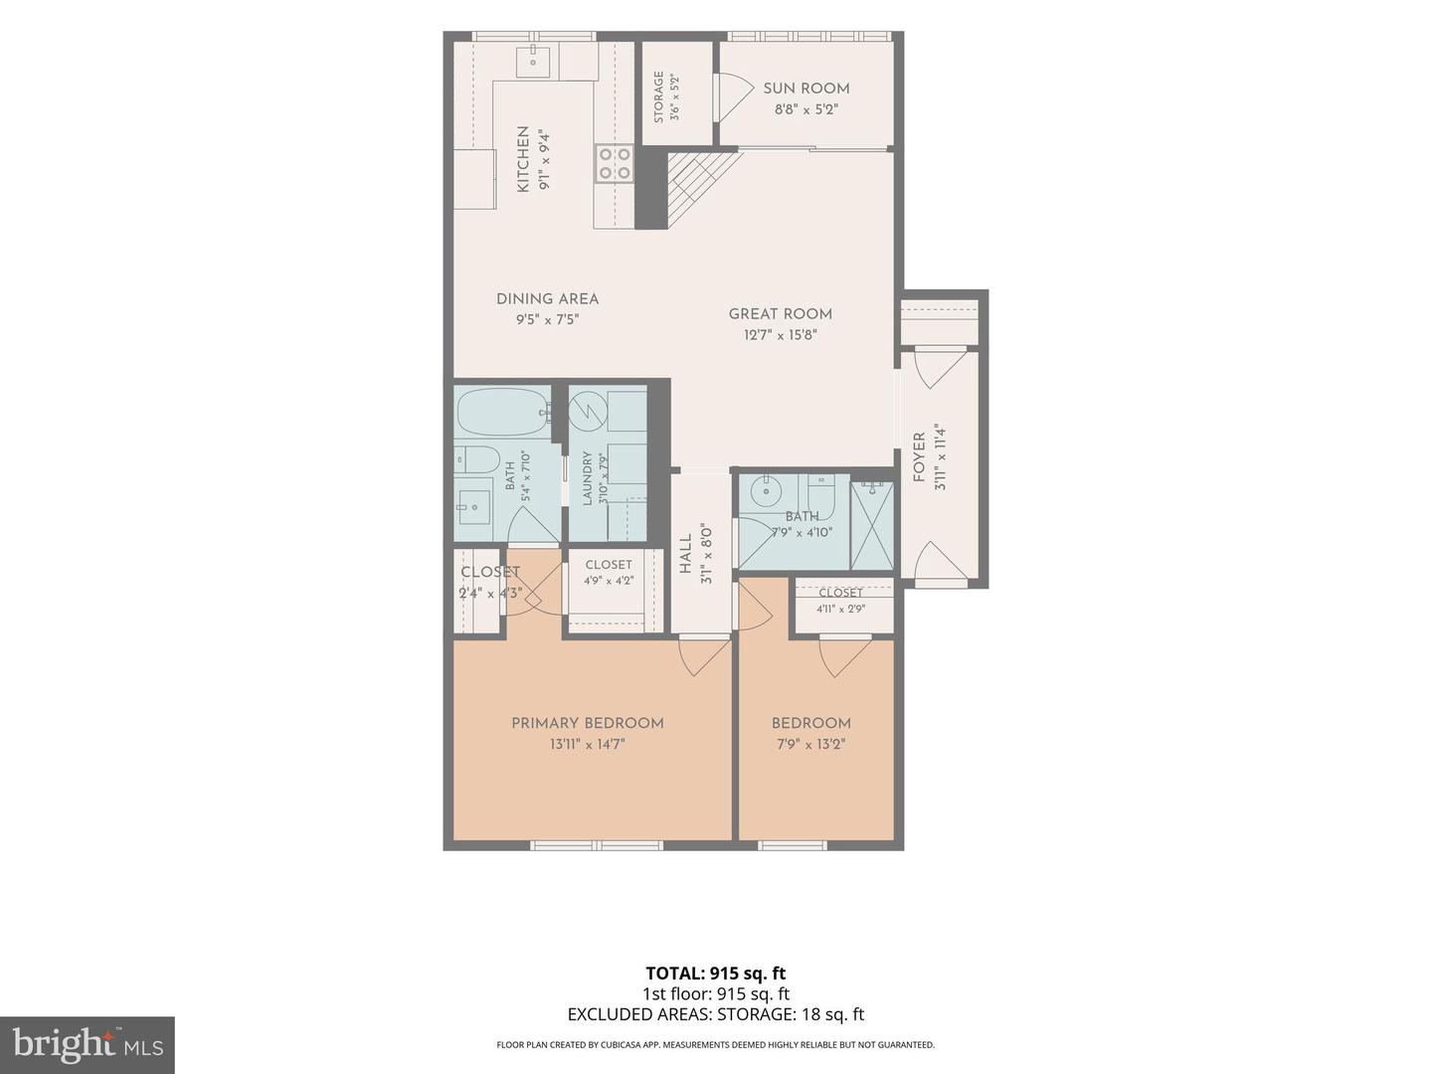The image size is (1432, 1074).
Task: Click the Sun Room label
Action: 805,89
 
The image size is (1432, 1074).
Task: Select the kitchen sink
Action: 533,62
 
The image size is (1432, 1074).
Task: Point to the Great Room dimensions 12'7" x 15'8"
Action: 781,335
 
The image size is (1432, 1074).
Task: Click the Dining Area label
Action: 547,299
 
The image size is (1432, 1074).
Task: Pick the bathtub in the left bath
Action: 503,412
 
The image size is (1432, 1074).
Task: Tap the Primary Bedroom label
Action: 587,723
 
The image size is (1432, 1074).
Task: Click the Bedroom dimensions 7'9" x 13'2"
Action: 810,744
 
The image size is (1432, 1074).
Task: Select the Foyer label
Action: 919,457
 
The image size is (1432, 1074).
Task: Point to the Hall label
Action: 685,554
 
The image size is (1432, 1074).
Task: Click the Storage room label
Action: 659,96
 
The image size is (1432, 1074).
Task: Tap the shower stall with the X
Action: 871,526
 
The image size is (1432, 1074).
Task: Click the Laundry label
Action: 587,478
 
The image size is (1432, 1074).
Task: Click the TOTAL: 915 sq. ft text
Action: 716,974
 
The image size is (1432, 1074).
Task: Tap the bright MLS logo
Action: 88,1045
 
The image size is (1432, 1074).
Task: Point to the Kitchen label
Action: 522,159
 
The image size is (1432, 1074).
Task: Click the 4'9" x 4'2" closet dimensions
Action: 609,581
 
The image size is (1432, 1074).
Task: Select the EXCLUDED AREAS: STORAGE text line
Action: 716,1014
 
